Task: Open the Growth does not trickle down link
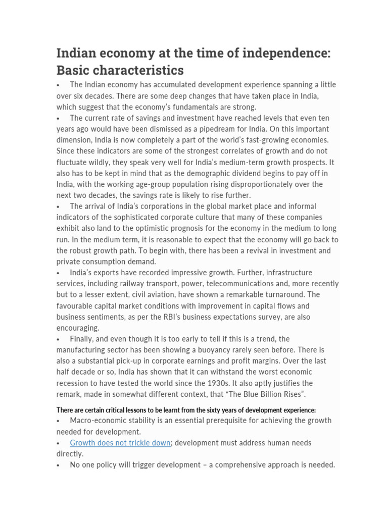coord(120,443)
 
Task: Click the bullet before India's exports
coord(59,273)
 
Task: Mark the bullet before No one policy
coord(59,465)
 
